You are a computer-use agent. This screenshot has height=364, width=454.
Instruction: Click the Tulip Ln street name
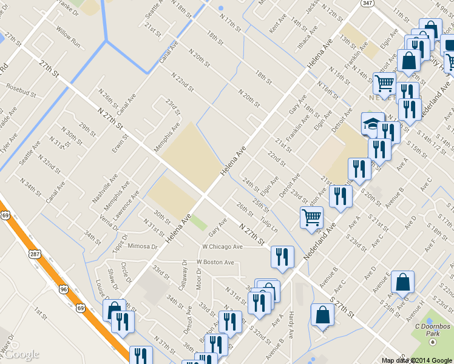(269, 224)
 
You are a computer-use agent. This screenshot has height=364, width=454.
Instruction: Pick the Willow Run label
(68, 36)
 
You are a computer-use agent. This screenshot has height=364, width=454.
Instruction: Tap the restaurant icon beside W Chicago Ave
(282, 257)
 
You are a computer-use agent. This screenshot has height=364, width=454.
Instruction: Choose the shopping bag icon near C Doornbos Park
(403, 282)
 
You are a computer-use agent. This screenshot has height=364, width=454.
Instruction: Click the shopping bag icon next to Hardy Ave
(322, 315)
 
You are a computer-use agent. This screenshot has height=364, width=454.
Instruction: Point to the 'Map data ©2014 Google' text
(417, 360)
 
